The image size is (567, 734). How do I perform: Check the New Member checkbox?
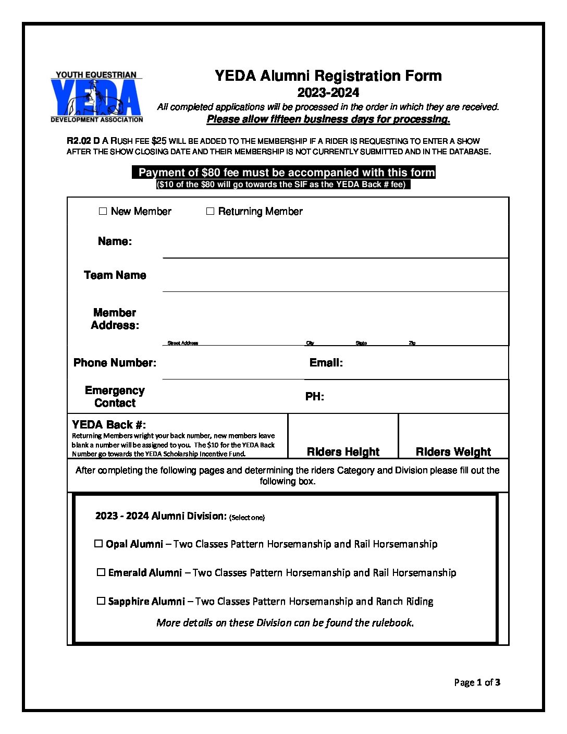[x=103, y=211]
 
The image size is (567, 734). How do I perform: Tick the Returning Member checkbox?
[x=210, y=211]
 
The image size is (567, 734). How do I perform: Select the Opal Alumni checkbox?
[x=98, y=544]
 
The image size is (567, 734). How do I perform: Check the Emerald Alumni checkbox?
[x=101, y=572]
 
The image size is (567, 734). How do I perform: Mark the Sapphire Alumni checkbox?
[x=101, y=601]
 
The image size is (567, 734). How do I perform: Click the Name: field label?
[x=115, y=241]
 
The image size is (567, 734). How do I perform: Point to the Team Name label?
[x=115, y=275]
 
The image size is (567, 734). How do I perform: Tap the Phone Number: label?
[x=115, y=363]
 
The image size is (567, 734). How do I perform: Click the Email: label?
[x=326, y=363]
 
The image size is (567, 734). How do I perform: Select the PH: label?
[x=314, y=397]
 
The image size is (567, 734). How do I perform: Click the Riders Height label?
[x=343, y=451]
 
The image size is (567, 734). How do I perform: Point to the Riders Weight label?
[x=453, y=451]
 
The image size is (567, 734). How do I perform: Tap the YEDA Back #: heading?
[x=109, y=424]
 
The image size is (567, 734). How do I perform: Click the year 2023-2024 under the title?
[x=328, y=93]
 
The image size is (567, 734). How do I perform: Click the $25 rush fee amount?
[x=159, y=141]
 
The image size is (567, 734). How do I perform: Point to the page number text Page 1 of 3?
[x=477, y=682]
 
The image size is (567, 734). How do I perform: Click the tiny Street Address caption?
[x=182, y=343]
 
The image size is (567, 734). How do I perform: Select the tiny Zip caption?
[x=412, y=343]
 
